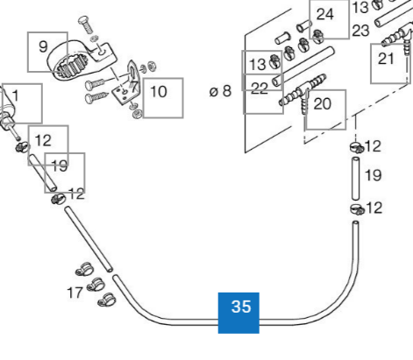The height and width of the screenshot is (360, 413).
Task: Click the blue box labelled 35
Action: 239,313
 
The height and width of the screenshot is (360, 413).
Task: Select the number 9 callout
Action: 47,52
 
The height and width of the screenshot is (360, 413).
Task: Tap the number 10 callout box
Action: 163,98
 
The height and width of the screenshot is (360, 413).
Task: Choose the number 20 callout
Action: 325,109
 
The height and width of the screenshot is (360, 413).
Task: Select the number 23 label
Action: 360,31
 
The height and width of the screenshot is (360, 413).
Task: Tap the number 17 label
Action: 75,293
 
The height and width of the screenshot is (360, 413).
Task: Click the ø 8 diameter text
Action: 220,91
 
